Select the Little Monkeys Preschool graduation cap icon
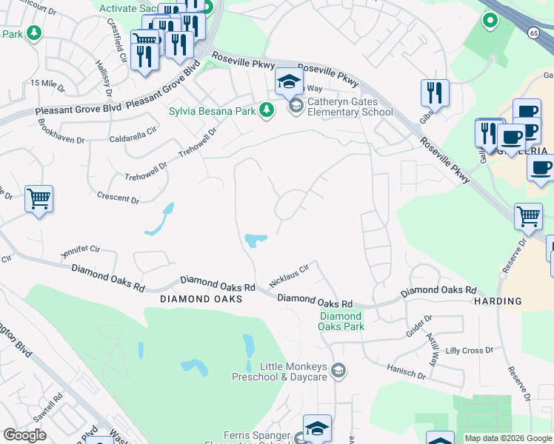(x=338, y=371)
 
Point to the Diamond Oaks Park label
(x=342, y=321)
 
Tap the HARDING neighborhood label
(x=498, y=301)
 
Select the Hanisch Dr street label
(x=407, y=371)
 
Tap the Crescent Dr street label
(x=119, y=198)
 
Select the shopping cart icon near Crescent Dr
(x=39, y=198)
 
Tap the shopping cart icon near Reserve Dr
(x=528, y=217)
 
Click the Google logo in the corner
(x=24, y=435)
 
